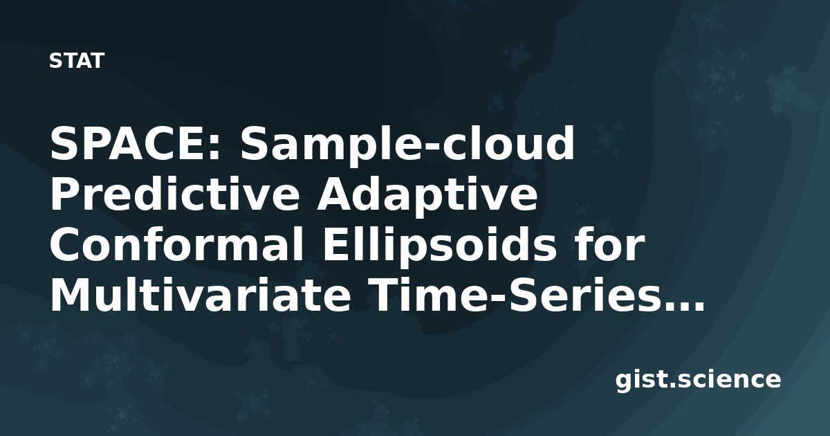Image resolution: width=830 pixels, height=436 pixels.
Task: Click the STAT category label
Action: (77, 61)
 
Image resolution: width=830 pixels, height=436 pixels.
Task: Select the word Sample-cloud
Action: (407, 146)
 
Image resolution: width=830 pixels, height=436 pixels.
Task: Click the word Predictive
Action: (175, 194)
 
